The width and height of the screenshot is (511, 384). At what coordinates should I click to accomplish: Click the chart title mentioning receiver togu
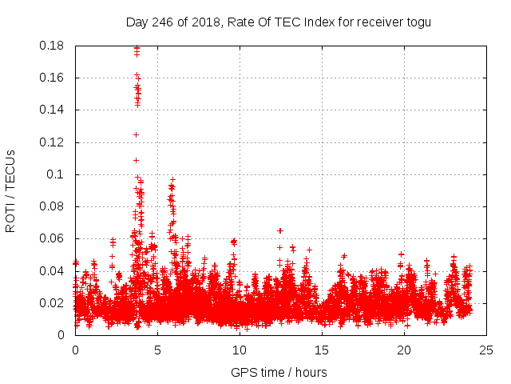click(278, 22)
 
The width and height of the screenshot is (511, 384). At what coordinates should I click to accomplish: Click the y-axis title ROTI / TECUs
click(10, 190)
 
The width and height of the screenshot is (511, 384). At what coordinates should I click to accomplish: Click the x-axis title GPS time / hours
click(279, 372)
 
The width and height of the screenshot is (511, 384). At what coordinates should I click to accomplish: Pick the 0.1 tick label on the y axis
click(57, 174)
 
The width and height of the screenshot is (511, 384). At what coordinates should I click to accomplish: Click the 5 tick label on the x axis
click(157, 350)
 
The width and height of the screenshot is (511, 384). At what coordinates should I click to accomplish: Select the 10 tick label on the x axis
click(240, 350)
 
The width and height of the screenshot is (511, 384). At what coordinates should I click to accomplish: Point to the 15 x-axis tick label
click(322, 350)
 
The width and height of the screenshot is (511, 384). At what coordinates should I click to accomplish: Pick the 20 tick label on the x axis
click(404, 350)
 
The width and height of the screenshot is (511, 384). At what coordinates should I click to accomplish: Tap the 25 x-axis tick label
click(486, 350)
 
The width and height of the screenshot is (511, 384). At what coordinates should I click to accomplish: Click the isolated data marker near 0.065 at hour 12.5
click(280, 230)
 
